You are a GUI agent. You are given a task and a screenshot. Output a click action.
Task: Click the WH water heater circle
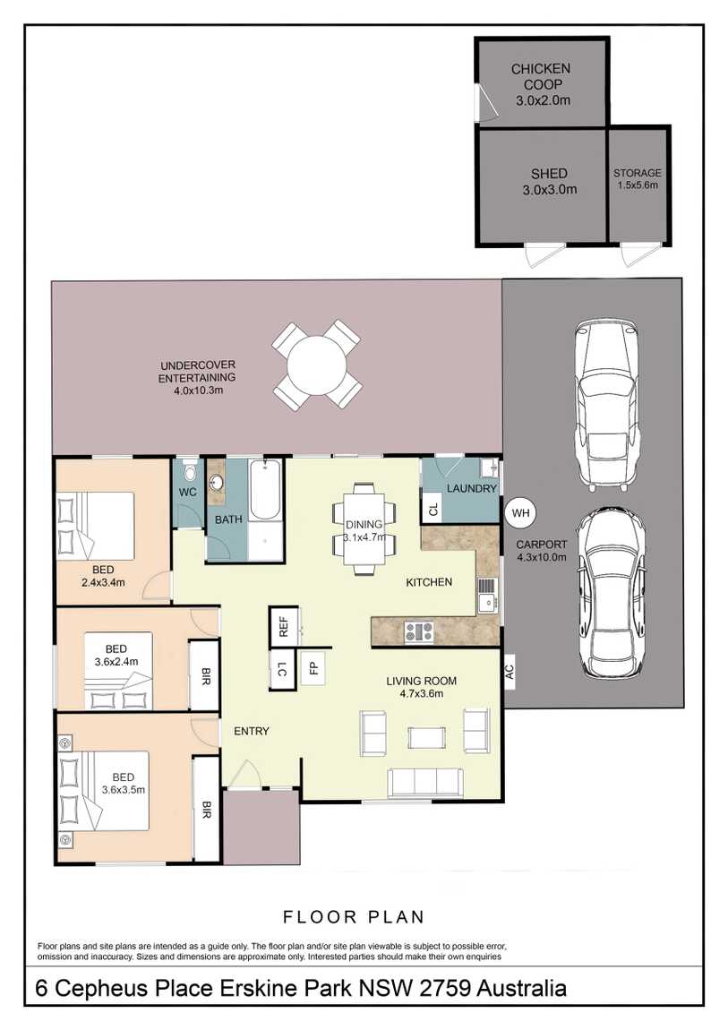click(x=520, y=512)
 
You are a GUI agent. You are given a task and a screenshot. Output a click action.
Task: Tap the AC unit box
click(x=510, y=671)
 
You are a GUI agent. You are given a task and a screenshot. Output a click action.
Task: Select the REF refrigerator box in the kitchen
click(x=284, y=627)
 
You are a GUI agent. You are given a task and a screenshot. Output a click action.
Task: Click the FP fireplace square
click(x=313, y=667)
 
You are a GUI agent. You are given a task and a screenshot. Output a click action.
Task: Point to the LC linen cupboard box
click(x=282, y=669)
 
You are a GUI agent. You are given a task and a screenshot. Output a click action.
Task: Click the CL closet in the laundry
click(x=433, y=509)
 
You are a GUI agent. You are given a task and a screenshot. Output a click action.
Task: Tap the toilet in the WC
click(x=189, y=470)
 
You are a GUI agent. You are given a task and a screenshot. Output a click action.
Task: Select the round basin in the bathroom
click(x=216, y=484)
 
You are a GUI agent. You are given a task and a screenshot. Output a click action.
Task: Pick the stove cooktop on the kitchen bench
click(x=418, y=631)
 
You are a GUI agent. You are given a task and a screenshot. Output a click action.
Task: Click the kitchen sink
click(x=487, y=595)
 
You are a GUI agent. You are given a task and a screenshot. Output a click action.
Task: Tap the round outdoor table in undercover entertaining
click(x=317, y=365)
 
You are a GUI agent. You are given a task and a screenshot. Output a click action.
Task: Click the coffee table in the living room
click(x=427, y=737)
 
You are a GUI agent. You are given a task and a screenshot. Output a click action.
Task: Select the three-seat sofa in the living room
click(x=425, y=783)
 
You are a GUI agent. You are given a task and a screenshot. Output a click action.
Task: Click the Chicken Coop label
click(x=542, y=76)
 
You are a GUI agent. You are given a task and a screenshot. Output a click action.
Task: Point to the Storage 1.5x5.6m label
click(x=637, y=178)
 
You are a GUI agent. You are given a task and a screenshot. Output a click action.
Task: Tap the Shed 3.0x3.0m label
click(x=550, y=181)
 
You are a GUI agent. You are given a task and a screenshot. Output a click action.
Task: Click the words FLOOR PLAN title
click(x=353, y=916)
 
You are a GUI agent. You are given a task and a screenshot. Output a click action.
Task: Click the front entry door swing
click(x=244, y=773)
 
